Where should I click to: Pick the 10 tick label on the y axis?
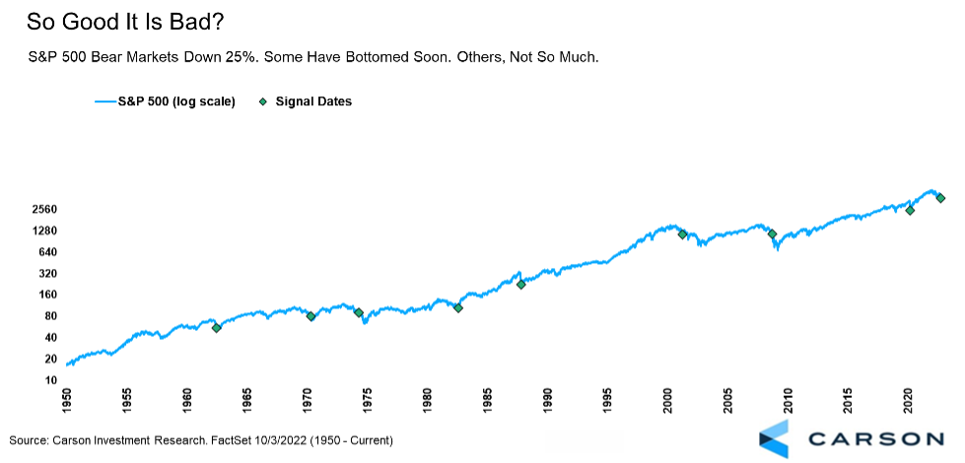pyautogui.click(x=44, y=379)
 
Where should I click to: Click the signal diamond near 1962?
pyautogui.click(x=217, y=327)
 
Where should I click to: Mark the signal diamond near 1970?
pyautogui.click(x=310, y=316)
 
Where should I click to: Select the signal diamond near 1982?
pyautogui.click(x=458, y=307)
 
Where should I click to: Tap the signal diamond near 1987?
pyautogui.click(x=520, y=285)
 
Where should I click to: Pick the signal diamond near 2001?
pyautogui.click(x=682, y=234)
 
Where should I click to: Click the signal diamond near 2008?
pyautogui.click(x=772, y=234)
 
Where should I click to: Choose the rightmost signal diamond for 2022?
pyautogui.click(x=940, y=198)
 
